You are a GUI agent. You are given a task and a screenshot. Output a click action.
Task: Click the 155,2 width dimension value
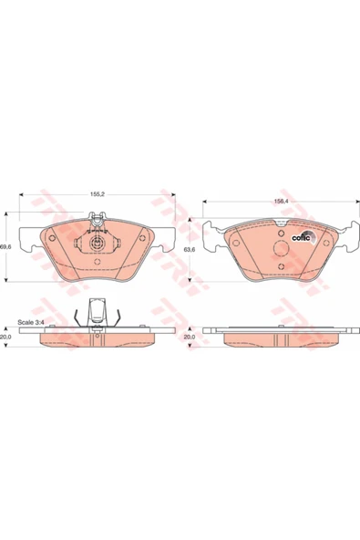click(97, 194)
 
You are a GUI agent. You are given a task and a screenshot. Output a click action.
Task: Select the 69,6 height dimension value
click(5, 247)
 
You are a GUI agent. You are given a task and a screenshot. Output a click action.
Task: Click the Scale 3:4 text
click(29, 323)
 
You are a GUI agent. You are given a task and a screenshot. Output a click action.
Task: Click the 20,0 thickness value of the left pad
click(5, 337)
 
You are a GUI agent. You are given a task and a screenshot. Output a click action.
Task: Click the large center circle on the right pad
click(282, 249)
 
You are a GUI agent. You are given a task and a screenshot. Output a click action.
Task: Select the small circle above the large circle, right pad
click(282, 233)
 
